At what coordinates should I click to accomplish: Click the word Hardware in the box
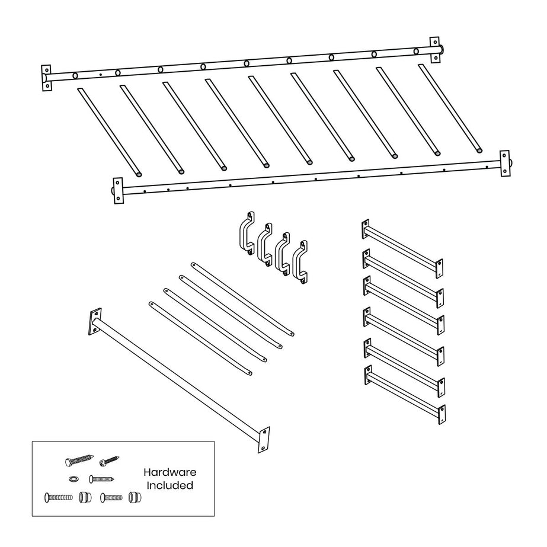point(169,472)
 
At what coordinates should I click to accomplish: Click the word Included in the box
point(171,485)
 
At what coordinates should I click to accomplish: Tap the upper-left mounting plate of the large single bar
point(94,322)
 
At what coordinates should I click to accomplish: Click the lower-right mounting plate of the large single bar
point(264,439)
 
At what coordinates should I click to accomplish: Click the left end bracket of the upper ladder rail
point(47,78)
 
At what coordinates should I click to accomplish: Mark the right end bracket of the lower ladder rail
point(505,163)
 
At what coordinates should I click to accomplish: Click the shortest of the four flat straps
point(200,338)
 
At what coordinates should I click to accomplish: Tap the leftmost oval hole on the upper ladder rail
point(75,75)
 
